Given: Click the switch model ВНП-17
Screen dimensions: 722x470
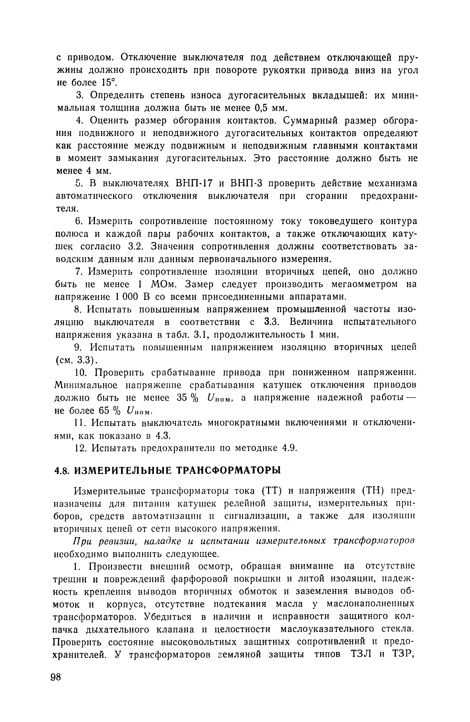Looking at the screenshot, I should tap(194, 183).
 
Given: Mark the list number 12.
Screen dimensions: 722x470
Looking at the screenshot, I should tap(81, 448).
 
